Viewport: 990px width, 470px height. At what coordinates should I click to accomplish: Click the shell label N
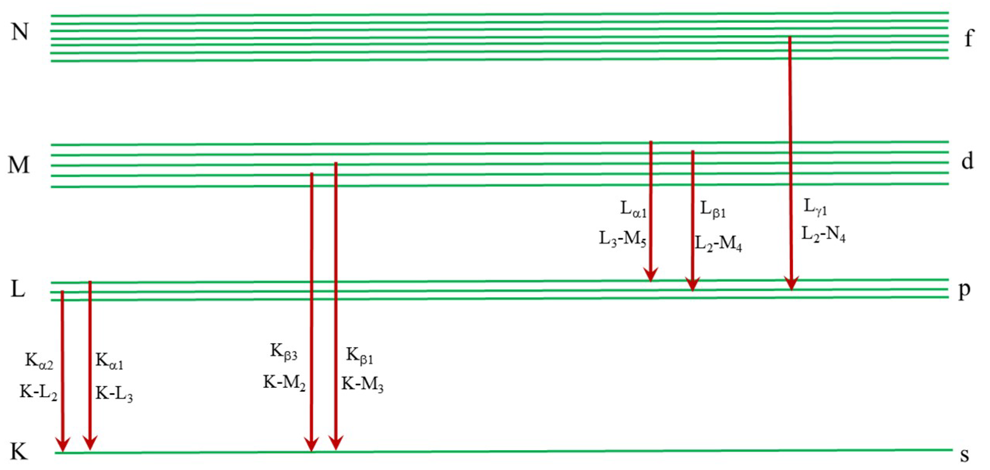click(20, 32)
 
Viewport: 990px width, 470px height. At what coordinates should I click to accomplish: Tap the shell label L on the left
click(18, 289)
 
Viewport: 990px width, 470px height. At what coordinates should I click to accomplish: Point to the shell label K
click(19, 452)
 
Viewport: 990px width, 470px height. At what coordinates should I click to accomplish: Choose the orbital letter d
click(967, 161)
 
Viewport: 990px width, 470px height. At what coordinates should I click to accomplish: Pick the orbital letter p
click(964, 290)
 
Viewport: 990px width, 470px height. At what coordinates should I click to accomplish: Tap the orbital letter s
click(965, 455)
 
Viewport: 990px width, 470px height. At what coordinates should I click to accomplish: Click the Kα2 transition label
click(39, 361)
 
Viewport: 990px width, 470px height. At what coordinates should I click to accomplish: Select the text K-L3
click(114, 394)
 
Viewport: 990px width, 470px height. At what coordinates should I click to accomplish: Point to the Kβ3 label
click(284, 352)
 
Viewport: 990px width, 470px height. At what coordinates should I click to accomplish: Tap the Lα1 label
click(634, 209)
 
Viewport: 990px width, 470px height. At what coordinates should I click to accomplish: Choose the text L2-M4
click(718, 244)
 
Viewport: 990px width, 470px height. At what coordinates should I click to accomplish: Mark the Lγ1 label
click(815, 207)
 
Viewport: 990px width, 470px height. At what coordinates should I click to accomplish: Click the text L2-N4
click(823, 235)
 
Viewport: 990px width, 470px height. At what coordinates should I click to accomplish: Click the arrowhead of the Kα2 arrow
click(62, 444)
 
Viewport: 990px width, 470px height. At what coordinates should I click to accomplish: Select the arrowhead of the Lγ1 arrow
click(791, 283)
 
